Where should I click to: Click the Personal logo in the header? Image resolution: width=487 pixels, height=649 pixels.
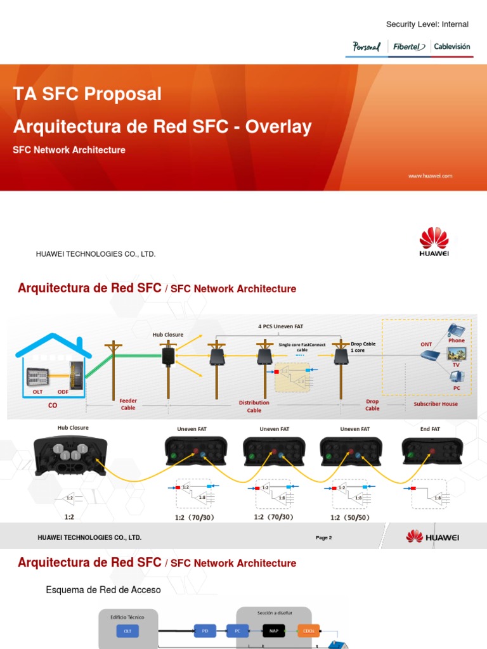(366, 46)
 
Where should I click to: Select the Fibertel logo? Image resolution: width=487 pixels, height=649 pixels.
(409, 46)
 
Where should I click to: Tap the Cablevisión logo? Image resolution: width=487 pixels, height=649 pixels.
(452, 46)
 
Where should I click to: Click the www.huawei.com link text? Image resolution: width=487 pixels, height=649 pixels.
(430, 176)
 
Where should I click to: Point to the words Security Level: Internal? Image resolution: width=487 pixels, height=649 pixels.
(427, 24)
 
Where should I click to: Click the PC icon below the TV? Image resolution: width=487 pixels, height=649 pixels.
(456, 377)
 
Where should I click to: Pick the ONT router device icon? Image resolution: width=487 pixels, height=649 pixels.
(429, 356)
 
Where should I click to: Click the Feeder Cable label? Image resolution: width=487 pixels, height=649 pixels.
(128, 404)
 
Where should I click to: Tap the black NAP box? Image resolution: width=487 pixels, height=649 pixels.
(273, 630)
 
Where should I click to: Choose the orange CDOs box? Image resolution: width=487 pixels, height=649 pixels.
(309, 630)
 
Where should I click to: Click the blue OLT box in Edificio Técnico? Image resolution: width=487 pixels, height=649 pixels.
(127, 631)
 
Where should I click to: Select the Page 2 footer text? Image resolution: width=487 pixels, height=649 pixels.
(323, 537)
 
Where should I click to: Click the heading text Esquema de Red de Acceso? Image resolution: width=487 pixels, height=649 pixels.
(103, 590)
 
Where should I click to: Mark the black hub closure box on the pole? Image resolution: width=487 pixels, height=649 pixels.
(168, 356)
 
